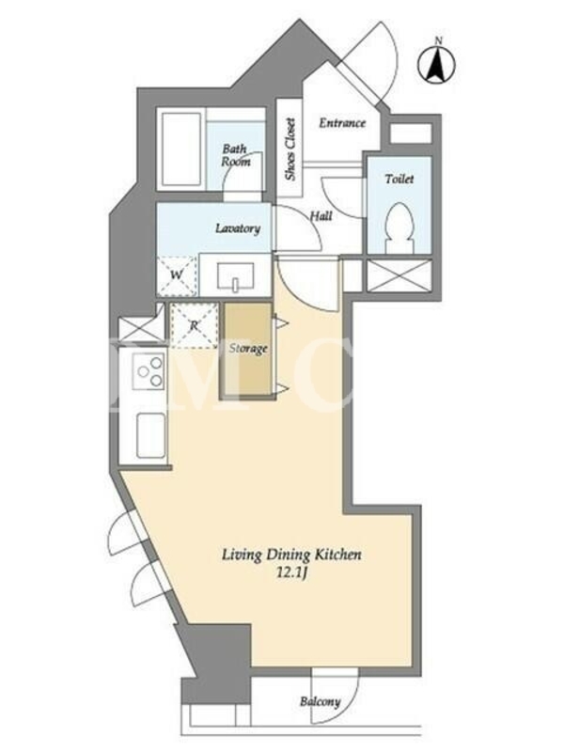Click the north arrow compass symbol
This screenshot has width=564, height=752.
pyautogui.click(x=437, y=66)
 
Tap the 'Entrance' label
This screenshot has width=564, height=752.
pyautogui.click(x=342, y=123)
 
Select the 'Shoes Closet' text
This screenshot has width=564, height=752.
pyautogui.click(x=290, y=149)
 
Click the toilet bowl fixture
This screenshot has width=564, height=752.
pyautogui.click(x=399, y=227)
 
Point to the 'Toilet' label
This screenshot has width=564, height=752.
pyautogui.click(x=399, y=179)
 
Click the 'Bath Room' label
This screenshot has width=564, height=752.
pyautogui.click(x=236, y=155)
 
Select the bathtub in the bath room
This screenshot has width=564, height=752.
pyautogui.click(x=181, y=149)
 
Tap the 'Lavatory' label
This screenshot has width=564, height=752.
pyautogui.click(x=238, y=228)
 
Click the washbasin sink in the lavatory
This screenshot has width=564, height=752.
pyautogui.click(x=235, y=277)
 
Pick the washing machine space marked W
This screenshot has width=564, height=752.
pyautogui.click(x=177, y=275)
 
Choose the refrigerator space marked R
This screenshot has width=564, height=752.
pyautogui.click(x=194, y=325)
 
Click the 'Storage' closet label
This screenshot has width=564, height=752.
pyautogui.click(x=248, y=348)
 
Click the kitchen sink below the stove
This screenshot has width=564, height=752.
pyautogui.click(x=151, y=435)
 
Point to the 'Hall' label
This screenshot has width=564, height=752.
pyautogui.click(x=321, y=216)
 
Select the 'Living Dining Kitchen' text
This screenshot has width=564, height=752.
pyautogui.click(x=291, y=556)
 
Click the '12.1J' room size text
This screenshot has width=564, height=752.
pyautogui.click(x=291, y=573)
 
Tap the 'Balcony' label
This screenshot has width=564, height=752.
pyautogui.click(x=320, y=702)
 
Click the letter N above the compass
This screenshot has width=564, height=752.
pyautogui.click(x=438, y=41)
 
